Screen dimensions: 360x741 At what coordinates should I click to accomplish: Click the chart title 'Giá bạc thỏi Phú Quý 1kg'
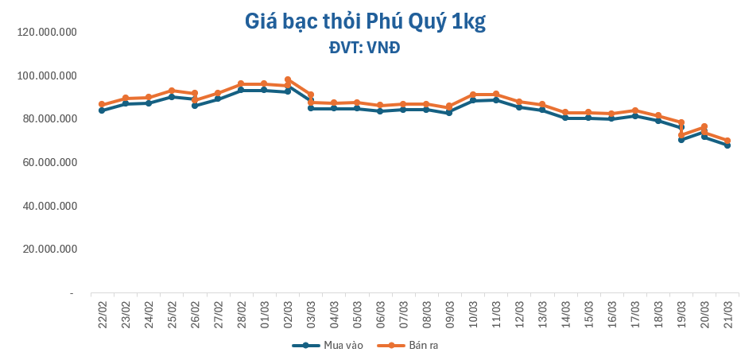pos(365,22)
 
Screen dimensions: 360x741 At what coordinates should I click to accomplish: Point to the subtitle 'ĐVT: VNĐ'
pos(365,48)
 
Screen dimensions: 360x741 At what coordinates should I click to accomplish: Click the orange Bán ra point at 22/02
pos(102,104)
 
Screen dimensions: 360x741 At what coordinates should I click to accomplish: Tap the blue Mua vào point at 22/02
pos(102,110)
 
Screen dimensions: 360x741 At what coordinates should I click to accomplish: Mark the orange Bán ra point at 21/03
pos(727,141)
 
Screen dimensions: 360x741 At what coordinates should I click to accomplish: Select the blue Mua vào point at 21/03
pos(727,145)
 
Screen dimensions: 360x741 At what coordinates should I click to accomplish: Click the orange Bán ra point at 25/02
pos(171,91)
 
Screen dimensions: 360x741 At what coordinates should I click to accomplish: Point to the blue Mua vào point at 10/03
pos(472,100)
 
